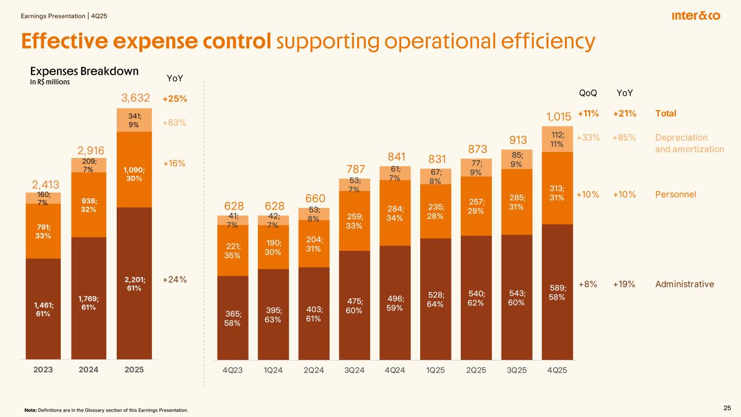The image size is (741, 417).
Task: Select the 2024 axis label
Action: [x=88, y=370]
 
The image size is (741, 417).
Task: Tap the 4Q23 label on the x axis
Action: [x=233, y=370]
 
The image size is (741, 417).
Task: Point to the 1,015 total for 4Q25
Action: [x=558, y=117]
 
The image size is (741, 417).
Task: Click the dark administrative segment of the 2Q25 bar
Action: [x=476, y=299]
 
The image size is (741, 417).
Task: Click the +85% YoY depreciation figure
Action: [x=624, y=137]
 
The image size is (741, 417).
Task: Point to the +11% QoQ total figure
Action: [x=588, y=113]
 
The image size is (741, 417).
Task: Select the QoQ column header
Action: [x=588, y=93]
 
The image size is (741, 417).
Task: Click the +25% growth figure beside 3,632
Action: [x=174, y=99]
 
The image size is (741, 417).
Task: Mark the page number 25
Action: [x=727, y=408]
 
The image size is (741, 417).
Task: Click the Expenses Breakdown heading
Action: [x=84, y=72]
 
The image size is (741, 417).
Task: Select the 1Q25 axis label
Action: [x=435, y=370]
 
